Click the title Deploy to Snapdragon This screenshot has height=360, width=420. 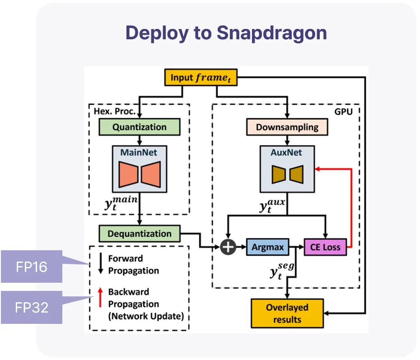[226, 33]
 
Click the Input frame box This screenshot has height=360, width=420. [201, 77]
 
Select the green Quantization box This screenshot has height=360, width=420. [140, 127]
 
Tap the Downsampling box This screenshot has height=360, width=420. [287, 127]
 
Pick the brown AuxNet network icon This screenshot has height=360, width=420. [287, 174]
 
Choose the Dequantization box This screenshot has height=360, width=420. [139, 234]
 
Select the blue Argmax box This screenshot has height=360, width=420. [268, 247]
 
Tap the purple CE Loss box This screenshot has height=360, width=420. [325, 247]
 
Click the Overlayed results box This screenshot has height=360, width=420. [287, 313]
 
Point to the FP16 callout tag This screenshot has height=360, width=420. [31, 266]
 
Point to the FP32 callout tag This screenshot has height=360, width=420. [31, 308]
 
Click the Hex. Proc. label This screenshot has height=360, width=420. [114, 111]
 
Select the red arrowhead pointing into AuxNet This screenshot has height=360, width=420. [317, 168]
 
